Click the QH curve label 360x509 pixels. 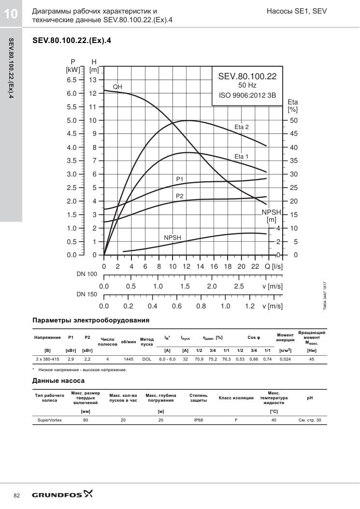(x=117, y=87)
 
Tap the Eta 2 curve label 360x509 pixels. (x=242, y=127)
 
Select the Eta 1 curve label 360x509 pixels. (x=241, y=157)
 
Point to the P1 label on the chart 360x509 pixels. (x=180, y=179)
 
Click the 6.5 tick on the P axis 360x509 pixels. (x=72, y=80)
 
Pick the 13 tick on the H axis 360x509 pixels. (x=93, y=80)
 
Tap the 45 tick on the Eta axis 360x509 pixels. (x=294, y=134)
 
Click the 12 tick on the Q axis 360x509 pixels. (x=187, y=266)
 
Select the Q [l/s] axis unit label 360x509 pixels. (x=274, y=266)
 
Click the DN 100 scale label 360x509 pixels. (x=86, y=274)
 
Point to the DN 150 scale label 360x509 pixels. (x=86, y=294)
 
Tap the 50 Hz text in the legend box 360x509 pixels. (x=247, y=86)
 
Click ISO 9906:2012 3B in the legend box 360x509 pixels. (x=247, y=95)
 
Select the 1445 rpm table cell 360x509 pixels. (x=129, y=359)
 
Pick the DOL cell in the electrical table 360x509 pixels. (x=147, y=359)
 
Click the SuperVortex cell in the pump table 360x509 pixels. (x=49, y=420)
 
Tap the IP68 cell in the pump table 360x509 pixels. (x=198, y=420)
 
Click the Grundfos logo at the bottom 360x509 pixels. (x=62, y=494)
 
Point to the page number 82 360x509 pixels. (x=17, y=495)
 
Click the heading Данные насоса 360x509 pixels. (x=58, y=381)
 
